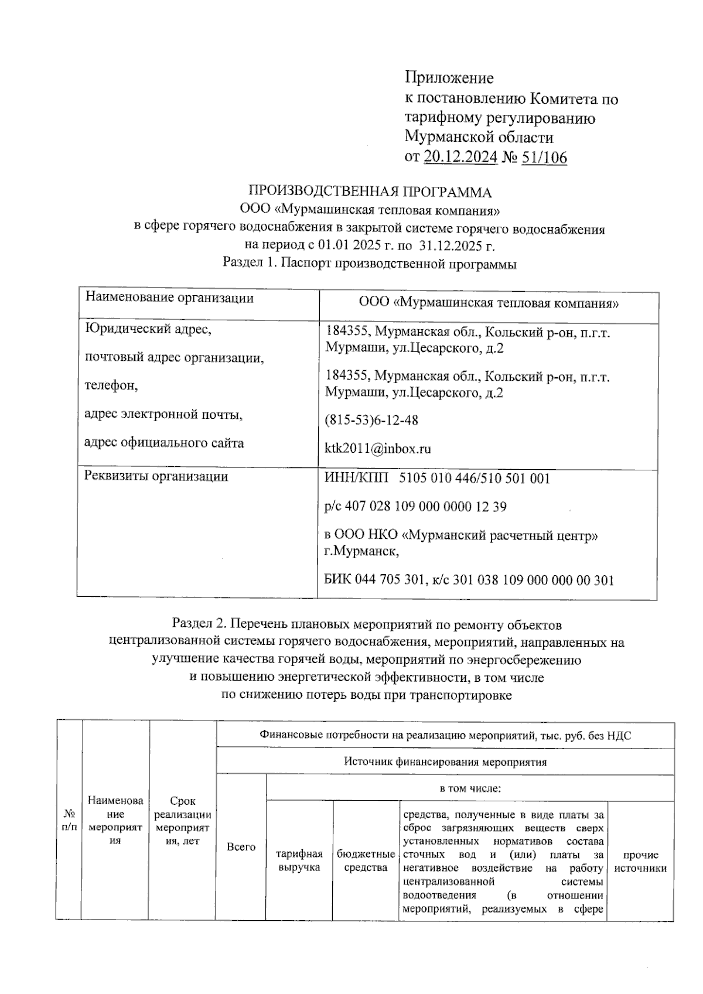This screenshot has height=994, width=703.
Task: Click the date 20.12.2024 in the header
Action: [460, 157]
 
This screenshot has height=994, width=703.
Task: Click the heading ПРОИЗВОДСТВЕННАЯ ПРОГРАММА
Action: [370, 192]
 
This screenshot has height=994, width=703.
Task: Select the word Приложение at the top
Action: [449, 78]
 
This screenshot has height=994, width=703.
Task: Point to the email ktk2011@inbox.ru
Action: [378, 449]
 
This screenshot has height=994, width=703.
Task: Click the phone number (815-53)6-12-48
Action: [371, 421]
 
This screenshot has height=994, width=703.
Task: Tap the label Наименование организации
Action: [169, 298]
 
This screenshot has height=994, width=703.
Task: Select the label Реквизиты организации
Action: [156, 476]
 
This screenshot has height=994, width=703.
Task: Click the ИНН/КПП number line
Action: [437, 479]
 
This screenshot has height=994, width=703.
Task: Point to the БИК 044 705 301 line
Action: [469, 580]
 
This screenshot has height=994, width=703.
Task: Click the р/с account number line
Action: [415, 507]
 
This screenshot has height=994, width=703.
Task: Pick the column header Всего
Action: [241, 847]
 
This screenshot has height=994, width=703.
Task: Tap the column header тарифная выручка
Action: [299, 861]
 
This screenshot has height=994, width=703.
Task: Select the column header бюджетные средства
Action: [366, 861]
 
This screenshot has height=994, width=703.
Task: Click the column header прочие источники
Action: [640, 862]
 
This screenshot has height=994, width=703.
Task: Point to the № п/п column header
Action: [69, 821]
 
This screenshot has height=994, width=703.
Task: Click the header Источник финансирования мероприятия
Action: [445, 762]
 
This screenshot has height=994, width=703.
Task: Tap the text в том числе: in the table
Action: [470, 788]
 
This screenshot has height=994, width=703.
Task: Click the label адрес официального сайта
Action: [164, 443]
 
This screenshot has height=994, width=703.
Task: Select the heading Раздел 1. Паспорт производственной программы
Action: [370, 264]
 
